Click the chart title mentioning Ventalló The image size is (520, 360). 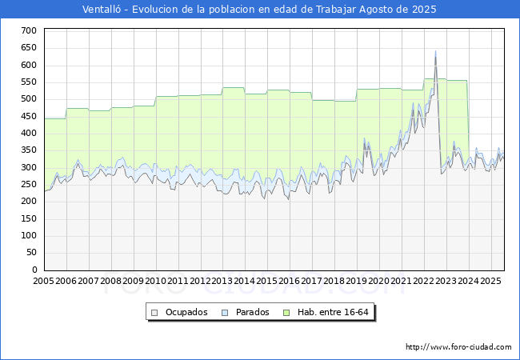click(259, 10)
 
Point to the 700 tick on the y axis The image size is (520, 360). click(29, 31)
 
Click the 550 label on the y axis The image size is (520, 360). click(29, 82)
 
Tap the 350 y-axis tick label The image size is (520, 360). click(29, 150)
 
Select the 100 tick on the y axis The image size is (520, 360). click(29, 236)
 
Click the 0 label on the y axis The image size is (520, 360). click(34, 270)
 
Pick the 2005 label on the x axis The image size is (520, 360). click(43, 281)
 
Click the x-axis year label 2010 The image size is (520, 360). click(155, 281)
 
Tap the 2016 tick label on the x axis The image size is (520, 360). click(290, 281)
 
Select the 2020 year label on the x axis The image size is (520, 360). click(379, 281)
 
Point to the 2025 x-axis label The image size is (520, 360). click(490, 281)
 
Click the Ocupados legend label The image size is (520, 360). click(186, 312)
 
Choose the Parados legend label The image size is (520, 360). click(252, 312)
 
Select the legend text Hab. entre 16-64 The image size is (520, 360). click(333, 312)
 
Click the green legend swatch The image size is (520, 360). click(286, 313)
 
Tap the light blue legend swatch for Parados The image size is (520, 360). click(225, 313)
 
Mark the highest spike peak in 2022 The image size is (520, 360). click(435, 51)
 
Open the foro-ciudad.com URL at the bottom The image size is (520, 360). click(458, 347)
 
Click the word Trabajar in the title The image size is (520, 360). click(336, 10)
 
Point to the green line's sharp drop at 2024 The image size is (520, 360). click(468, 122)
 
